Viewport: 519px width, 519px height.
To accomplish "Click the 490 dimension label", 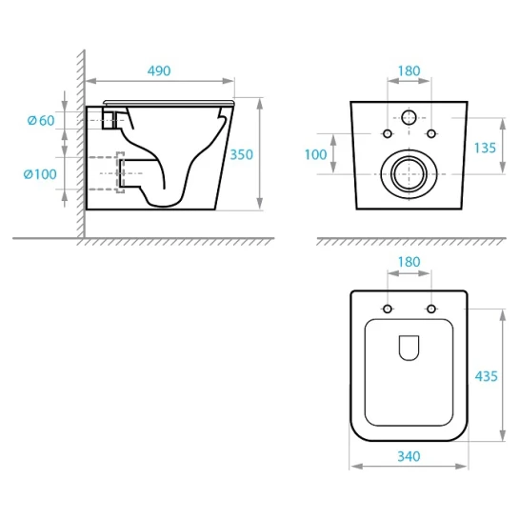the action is (x=159, y=70).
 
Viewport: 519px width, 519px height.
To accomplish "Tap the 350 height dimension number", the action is (x=241, y=154).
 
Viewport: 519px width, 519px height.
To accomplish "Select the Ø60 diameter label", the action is (x=41, y=121).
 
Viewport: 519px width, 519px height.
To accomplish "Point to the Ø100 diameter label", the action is (x=40, y=174).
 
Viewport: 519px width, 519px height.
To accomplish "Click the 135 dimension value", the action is (x=485, y=148).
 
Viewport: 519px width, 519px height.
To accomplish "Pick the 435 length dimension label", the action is (x=486, y=376).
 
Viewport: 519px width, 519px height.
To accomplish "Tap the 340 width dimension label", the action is (x=409, y=456).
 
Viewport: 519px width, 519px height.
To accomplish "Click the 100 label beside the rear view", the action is (x=315, y=154).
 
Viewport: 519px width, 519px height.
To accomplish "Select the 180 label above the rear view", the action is (x=409, y=70).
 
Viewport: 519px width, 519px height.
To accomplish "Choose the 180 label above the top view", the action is (x=409, y=262).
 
